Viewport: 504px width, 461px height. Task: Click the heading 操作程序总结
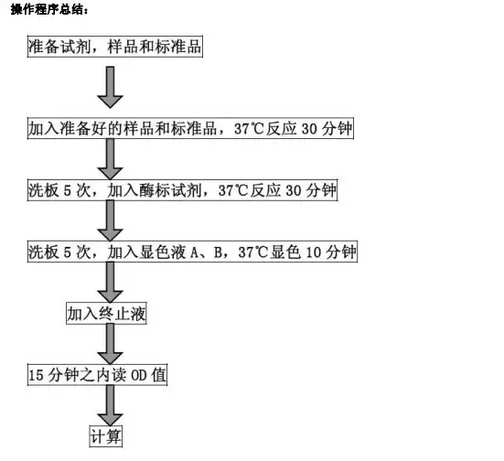pos(49,9)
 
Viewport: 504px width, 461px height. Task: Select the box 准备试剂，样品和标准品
pos(115,47)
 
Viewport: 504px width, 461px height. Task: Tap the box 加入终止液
pos(106,313)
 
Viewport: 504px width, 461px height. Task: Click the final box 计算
pos(106,436)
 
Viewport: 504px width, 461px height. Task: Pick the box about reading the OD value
pos(97,374)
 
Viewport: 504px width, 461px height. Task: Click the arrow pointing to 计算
pos(111,405)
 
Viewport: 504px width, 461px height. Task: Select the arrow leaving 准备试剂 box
pos(111,87)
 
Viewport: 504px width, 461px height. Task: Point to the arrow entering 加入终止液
pos(111,282)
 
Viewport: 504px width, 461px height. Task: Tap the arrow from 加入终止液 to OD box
pos(111,344)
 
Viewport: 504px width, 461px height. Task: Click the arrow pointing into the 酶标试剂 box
pos(111,159)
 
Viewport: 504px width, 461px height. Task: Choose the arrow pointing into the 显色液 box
pos(111,220)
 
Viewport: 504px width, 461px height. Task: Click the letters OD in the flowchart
pos(139,375)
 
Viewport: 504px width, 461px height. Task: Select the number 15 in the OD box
pos(36,375)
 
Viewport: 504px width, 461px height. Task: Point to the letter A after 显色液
pos(195,252)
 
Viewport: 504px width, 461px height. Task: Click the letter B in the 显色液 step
pos(219,252)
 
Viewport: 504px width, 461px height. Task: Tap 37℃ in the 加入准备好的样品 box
pos(249,129)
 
